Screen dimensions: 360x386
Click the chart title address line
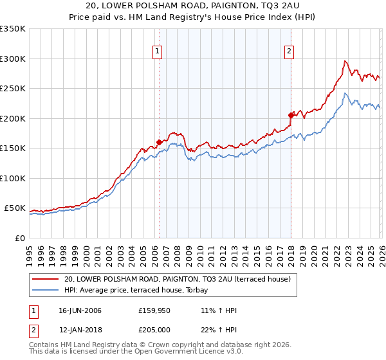192,6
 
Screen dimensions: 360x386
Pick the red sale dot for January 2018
291,116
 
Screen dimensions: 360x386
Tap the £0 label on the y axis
19,238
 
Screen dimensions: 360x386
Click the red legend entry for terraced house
177,279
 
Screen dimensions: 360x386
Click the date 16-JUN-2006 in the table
80,310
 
